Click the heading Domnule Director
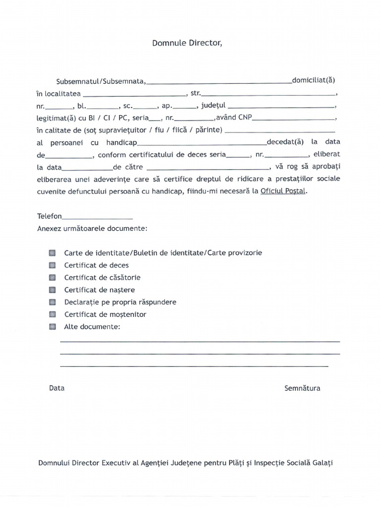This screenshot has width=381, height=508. [x=187, y=43]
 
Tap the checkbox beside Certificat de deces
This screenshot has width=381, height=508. [x=53, y=265]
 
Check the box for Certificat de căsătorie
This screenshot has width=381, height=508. [x=53, y=277]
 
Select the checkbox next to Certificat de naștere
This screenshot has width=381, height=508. [x=53, y=290]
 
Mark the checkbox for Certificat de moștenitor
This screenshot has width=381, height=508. [x=53, y=314]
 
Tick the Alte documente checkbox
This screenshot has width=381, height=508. [x=53, y=326]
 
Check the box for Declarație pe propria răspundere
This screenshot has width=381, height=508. [x=53, y=302]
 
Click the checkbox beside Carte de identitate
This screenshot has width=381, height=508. [x=53, y=253]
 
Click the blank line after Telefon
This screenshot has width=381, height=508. [x=98, y=217]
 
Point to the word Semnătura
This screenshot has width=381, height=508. [x=302, y=388]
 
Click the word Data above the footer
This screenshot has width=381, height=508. [x=57, y=388]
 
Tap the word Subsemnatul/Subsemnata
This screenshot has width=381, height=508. [x=101, y=80]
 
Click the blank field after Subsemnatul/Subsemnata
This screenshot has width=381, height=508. [x=219, y=82]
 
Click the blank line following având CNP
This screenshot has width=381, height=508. [x=294, y=119]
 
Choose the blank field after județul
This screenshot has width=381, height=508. [x=281, y=107]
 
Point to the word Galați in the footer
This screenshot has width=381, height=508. [x=322, y=463]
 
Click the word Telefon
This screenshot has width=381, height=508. [x=50, y=216]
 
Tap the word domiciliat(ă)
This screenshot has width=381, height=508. [x=314, y=80]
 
